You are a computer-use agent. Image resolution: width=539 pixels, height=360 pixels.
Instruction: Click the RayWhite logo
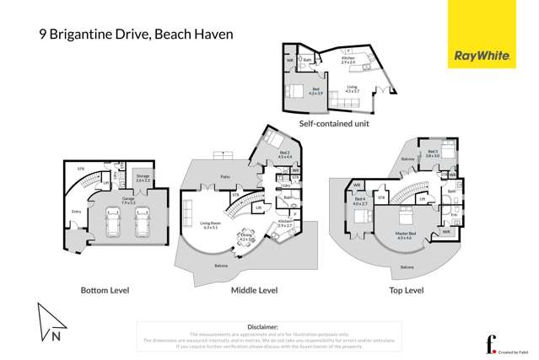pyautogui.click(x=482, y=56)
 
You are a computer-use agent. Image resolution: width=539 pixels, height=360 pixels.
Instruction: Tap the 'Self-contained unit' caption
pyautogui.click(x=334, y=123)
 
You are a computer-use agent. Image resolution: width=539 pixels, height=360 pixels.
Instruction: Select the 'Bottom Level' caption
pyautogui.click(x=105, y=290)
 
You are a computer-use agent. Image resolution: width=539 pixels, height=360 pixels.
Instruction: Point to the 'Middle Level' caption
pyautogui.click(x=254, y=290)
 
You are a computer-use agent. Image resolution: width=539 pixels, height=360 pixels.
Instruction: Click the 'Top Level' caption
pyautogui.click(x=405, y=290)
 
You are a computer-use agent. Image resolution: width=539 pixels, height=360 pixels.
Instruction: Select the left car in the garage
pyautogui.click(x=112, y=222)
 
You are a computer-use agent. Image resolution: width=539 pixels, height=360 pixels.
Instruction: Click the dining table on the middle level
pyautogui.click(x=246, y=239)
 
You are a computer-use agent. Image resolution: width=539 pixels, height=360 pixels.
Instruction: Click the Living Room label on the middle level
pyautogui.click(x=210, y=226)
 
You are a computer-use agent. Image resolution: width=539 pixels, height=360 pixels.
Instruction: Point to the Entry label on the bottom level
pyautogui.click(x=76, y=212)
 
